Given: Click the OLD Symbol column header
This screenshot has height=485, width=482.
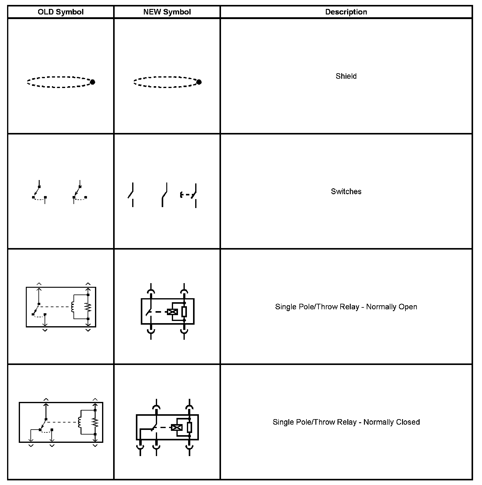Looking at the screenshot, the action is (61, 12).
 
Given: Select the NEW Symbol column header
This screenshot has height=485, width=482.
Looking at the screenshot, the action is (167, 12).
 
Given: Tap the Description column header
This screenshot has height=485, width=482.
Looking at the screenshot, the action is (346, 12).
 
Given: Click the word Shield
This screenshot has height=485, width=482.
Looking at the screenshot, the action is (346, 76).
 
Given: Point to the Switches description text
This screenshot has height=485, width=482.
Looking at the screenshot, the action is (346, 191).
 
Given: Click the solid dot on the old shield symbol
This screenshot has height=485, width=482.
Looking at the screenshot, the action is (93, 82).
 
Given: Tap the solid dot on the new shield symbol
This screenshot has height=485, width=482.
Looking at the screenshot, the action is (199, 82).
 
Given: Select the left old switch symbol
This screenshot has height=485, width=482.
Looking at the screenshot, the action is (39, 192).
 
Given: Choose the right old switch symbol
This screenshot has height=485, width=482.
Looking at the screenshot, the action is (79, 192).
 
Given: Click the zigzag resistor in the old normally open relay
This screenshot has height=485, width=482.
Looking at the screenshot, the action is (88, 307).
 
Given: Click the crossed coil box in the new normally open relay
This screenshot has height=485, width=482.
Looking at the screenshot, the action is (172, 312).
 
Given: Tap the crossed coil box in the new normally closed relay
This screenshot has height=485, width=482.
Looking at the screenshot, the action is (177, 427).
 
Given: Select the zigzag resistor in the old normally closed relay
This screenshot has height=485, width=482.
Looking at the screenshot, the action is (95, 422).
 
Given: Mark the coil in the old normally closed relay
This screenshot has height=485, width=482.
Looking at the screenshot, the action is (80, 422).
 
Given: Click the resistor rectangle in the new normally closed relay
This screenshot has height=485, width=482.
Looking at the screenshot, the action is (189, 427).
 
